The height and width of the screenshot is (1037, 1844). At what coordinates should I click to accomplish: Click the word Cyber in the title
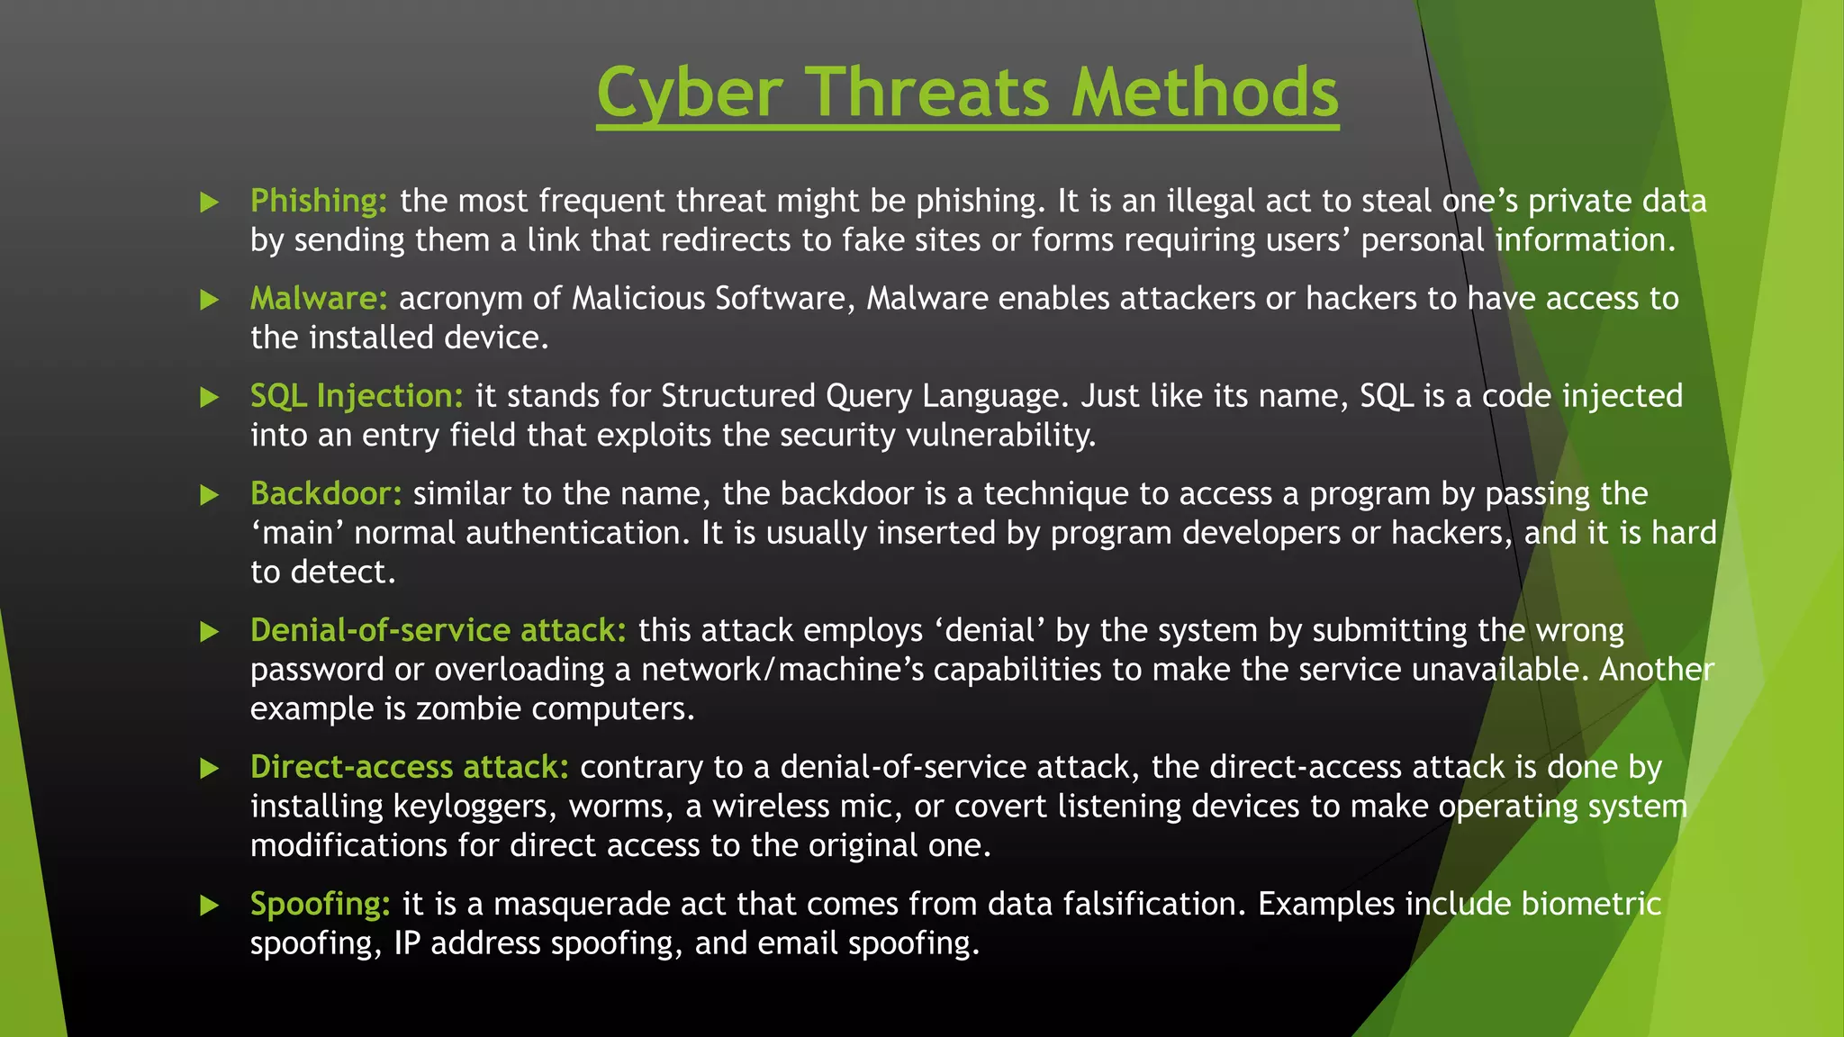pos(690,93)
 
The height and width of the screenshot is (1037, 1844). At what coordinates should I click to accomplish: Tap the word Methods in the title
pos(1205,93)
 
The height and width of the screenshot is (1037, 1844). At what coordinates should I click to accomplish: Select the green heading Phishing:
pos(319,201)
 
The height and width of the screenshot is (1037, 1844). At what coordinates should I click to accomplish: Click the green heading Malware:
pos(319,298)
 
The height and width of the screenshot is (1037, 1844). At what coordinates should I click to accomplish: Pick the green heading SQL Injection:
pos(357,396)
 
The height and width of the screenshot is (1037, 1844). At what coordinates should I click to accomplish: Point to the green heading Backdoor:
pos(326,493)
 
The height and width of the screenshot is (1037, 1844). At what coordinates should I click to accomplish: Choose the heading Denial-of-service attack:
pos(438,630)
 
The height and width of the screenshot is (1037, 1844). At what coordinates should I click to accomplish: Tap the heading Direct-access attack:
pos(409,767)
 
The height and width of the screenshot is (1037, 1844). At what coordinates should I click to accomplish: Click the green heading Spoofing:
pos(320,904)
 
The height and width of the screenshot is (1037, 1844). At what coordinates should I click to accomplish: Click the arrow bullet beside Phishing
pos(210,202)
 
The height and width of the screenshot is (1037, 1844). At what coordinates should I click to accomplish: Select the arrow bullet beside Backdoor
pos(210,494)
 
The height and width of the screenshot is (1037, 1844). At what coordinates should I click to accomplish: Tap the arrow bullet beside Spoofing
pos(210,905)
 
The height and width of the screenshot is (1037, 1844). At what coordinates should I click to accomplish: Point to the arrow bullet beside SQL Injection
pos(210,397)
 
